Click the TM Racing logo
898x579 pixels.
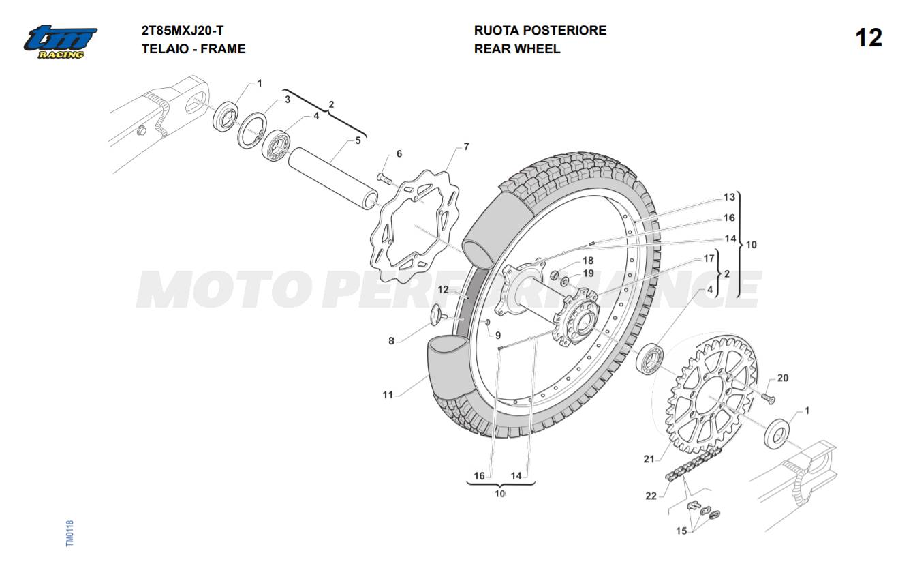pos(60,41)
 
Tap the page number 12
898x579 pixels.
pos(869,38)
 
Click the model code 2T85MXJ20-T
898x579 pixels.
pos(182,30)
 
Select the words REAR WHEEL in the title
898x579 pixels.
pos(516,48)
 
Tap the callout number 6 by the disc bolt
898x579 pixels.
pos(399,154)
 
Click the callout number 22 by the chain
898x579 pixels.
pos(651,496)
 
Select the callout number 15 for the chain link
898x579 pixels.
pos(681,531)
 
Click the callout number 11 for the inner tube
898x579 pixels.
pos(388,394)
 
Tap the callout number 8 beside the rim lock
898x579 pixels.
pos(391,340)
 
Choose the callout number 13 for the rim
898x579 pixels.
pos(729,197)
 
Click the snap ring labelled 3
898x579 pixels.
pos(250,129)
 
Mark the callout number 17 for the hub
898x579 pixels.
pos(709,258)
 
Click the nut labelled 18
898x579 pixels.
pos(555,275)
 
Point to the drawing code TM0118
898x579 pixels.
pos(69,533)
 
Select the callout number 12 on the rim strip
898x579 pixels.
pos(443,290)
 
